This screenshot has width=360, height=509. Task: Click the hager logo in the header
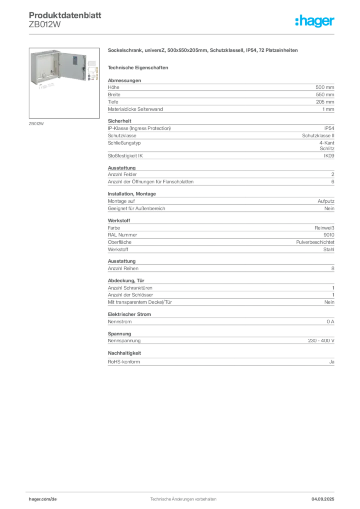pos(315,21)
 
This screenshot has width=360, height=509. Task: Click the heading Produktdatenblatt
pos(65,15)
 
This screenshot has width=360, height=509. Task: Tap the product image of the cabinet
pos(64,83)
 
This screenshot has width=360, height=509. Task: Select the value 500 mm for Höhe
pos(325,87)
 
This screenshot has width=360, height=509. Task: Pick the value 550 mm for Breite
pos(325,95)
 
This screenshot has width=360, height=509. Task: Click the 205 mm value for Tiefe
pos(325,102)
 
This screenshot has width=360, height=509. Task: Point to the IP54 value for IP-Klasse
pos(329,128)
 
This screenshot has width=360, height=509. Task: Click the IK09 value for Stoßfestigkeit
pos(329,156)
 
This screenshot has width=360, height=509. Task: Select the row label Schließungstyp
pos(124,143)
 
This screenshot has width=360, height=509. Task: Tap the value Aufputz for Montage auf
pos(326,201)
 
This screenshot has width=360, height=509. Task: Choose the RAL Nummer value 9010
pos(329,235)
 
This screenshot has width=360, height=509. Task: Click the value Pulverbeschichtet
pos(315,242)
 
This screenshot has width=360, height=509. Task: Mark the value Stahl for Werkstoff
pos(329,250)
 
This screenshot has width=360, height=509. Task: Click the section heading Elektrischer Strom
pos(129,314)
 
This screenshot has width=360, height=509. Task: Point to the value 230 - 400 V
pos(321,341)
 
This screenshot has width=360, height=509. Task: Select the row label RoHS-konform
pos(124,362)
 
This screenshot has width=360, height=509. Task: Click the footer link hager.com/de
pos(43,499)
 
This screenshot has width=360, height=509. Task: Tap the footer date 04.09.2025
pos(323,499)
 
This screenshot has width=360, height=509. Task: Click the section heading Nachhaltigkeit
pos(124,353)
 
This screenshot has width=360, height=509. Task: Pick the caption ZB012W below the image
pos(36,124)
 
